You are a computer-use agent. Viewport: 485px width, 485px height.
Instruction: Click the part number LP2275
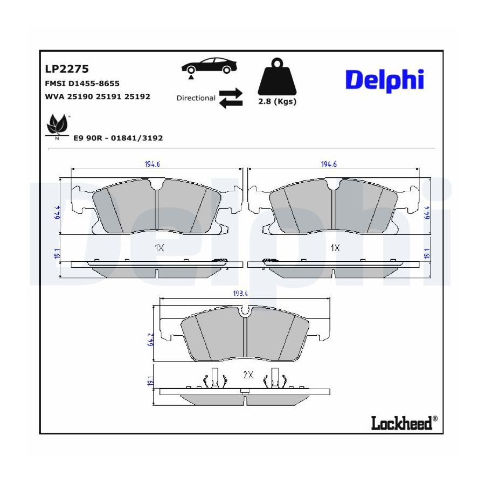[67, 68]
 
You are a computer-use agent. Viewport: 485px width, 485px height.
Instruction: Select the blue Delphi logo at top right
[384, 80]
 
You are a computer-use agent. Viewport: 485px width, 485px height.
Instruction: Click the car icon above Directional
[209, 66]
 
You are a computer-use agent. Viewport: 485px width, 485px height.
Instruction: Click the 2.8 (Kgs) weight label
[278, 101]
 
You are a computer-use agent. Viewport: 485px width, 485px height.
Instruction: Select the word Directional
[196, 98]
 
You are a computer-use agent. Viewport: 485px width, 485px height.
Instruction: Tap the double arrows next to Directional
[231, 98]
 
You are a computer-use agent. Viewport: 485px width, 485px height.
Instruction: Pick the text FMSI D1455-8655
[82, 84]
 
